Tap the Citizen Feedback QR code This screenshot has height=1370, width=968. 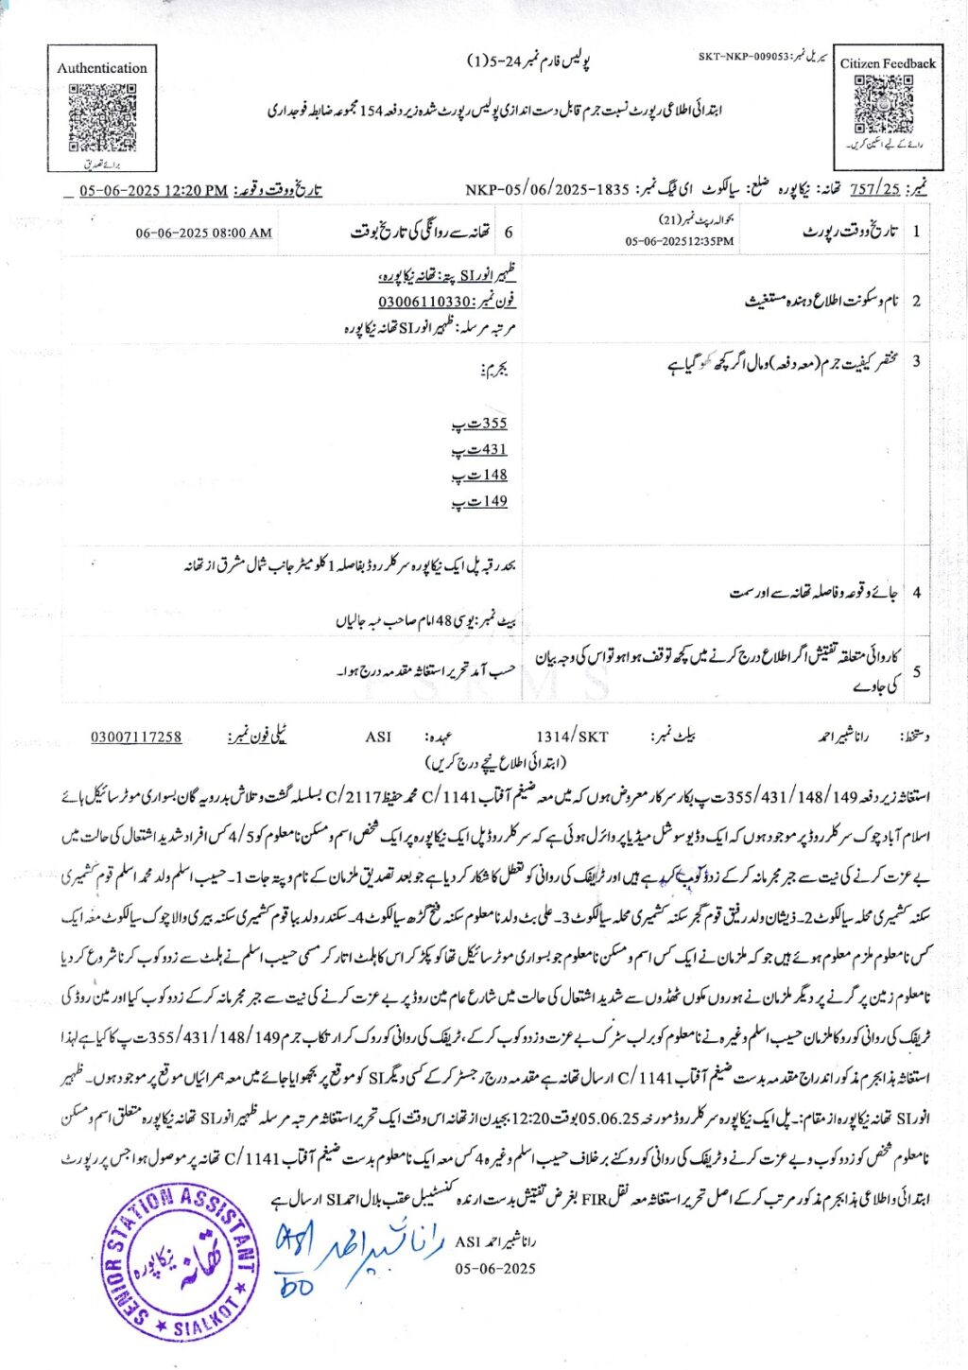883,104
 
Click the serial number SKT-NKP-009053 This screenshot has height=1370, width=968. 743,57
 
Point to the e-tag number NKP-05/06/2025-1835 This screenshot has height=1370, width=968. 547,189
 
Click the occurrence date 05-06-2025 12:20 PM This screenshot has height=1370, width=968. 153,190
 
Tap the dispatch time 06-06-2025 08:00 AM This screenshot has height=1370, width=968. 203,233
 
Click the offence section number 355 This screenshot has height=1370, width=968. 493,424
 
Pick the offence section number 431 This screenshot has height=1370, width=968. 493,449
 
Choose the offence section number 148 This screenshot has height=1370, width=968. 493,475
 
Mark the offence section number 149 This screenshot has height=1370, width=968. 493,501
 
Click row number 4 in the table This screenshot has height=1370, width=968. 916,593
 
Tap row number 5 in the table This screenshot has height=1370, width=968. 916,671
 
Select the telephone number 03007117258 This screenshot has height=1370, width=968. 136,737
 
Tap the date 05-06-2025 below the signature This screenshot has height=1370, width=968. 494,1268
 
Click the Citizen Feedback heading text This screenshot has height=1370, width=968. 887,63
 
